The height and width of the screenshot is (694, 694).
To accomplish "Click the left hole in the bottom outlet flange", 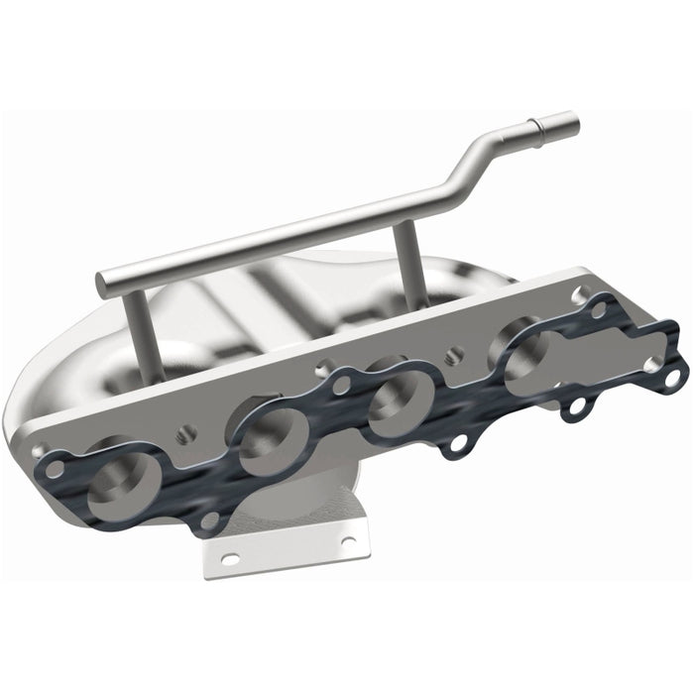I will (x=229, y=559).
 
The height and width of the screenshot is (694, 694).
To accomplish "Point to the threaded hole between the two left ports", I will (x=183, y=433).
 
